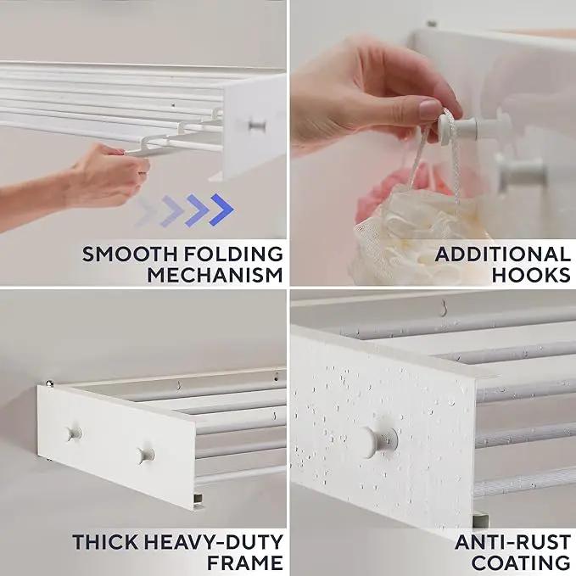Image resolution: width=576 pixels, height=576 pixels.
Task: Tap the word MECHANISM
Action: click(x=215, y=275)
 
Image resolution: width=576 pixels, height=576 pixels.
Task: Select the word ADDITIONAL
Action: click(x=503, y=254)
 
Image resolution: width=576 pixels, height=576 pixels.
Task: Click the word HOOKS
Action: click(x=531, y=275)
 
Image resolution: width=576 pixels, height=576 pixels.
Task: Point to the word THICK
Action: click(x=105, y=542)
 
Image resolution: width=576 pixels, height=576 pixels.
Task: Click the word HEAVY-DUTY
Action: click(x=213, y=542)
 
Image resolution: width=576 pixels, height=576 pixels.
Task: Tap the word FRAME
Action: click(x=245, y=563)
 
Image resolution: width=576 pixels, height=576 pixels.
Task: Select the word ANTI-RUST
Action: click(x=513, y=542)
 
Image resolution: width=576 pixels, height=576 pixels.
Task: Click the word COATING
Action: click(x=521, y=563)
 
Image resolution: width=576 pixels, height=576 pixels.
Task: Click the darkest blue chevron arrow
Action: click(x=221, y=210)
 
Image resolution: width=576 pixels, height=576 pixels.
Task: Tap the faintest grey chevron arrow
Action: click(x=146, y=213)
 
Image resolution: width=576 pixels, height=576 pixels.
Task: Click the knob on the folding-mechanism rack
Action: click(x=257, y=126)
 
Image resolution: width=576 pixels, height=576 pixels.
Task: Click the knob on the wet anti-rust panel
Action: click(x=380, y=442)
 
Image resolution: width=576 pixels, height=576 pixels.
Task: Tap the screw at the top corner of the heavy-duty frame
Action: click(x=49, y=383)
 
